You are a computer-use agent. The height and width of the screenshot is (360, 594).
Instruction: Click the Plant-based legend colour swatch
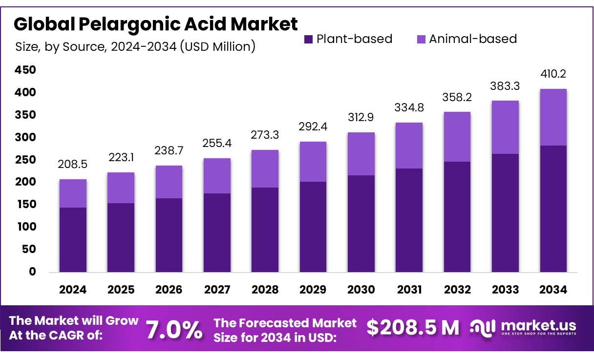pyautogui.click(x=308, y=40)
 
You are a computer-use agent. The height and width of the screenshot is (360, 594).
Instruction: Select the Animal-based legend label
pyautogui.click(x=472, y=39)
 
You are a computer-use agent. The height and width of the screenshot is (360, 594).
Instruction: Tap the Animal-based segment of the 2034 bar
pyautogui.click(x=553, y=117)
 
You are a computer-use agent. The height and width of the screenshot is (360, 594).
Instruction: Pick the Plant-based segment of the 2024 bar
pyautogui.click(x=73, y=239)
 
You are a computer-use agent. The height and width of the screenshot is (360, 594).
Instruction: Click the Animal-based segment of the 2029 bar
pyautogui.click(x=313, y=162)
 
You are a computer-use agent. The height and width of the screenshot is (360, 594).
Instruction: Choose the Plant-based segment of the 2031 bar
pyautogui.click(x=409, y=220)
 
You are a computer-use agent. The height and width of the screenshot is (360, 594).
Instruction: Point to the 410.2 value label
pyautogui.click(x=553, y=74)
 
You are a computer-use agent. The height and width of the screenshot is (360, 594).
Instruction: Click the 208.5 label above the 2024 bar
pyautogui.click(x=73, y=165)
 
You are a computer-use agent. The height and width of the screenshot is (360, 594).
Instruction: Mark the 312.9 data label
pyautogui.click(x=361, y=118)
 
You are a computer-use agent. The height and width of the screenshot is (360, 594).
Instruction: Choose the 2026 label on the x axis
pyautogui.click(x=169, y=290)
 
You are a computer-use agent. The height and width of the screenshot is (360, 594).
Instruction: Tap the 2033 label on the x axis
pyautogui.click(x=505, y=290)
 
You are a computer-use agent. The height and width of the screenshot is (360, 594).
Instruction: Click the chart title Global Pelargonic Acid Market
pyautogui.click(x=155, y=24)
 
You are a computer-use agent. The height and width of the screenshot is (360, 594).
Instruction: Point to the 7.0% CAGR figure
pyautogui.click(x=174, y=330)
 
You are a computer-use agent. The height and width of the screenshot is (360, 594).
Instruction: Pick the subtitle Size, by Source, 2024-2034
pyautogui.click(x=135, y=47)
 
